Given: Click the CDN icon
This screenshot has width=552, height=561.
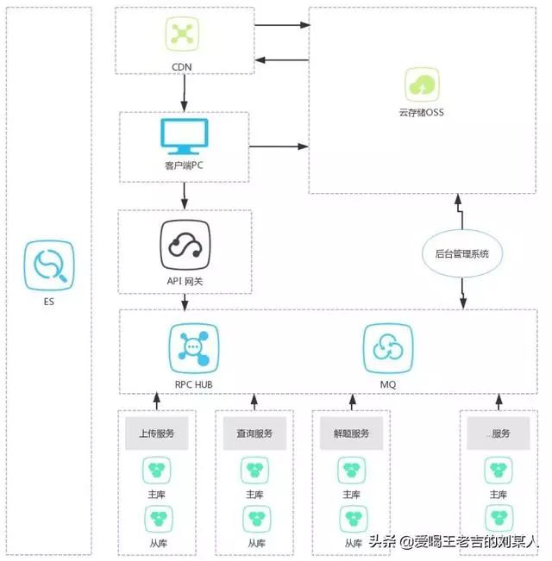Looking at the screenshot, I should [x=181, y=34].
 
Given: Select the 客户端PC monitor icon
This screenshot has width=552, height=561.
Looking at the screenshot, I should [x=185, y=136].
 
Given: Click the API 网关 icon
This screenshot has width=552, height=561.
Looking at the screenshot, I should [x=185, y=240].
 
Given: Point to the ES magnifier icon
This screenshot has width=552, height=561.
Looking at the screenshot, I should [x=48, y=265].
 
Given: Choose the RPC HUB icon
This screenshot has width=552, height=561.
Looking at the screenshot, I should [x=193, y=346].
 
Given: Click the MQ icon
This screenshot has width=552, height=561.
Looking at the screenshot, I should [x=384, y=346].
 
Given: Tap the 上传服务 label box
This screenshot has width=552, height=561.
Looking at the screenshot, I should [x=156, y=433].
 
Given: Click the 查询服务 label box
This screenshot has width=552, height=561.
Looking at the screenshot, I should [x=254, y=433].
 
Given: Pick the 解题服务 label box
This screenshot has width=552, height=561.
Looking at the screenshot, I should [x=350, y=433].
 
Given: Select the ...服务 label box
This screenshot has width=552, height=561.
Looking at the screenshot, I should [x=499, y=433].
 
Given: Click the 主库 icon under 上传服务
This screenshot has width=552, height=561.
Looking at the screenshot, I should [x=156, y=470].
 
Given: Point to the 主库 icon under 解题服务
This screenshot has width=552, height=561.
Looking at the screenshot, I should [x=350, y=470].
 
